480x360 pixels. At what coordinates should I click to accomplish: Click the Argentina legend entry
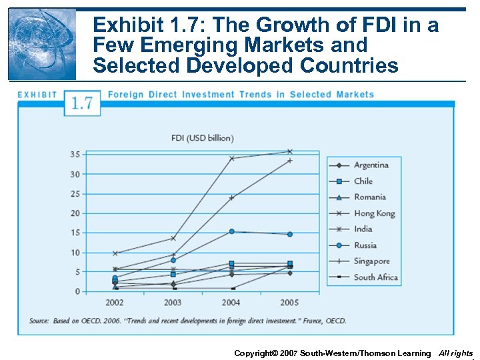(371, 165)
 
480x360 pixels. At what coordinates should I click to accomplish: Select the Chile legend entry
(363, 181)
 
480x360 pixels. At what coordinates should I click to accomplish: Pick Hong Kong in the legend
(374, 213)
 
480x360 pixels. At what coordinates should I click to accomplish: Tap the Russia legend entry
(365, 245)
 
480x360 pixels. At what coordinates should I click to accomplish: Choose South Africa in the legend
(375, 277)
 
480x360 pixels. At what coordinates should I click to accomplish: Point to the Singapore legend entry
(371, 261)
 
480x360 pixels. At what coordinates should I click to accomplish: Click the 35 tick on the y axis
(75, 155)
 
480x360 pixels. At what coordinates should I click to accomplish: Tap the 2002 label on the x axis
(115, 302)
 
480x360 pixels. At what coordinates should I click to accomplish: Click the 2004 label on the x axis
(231, 302)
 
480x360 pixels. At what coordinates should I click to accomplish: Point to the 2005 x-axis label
(289, 302)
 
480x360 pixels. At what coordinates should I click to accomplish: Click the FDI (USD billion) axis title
(203, 138)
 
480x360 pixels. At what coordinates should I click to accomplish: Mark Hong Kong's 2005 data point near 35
(289, 151)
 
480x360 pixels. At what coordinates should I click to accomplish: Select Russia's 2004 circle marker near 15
(231, 231)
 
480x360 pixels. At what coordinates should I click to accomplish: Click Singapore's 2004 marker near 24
(231, 198)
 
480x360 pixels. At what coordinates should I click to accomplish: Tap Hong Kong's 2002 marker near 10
(115, 253)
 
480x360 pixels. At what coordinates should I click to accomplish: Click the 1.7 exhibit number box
(83, 103)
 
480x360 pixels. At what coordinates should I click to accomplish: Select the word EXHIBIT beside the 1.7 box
(37, 95)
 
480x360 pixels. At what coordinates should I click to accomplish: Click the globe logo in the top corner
(42, 44)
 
